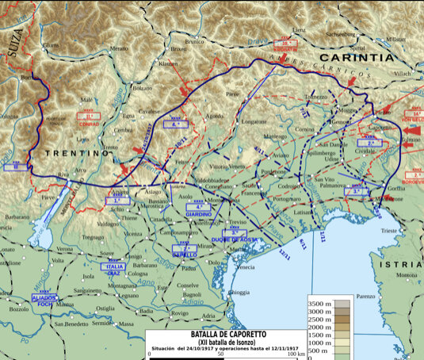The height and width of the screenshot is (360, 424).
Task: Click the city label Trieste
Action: point(390,229)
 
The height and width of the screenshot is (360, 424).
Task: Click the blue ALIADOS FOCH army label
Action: point(44,299)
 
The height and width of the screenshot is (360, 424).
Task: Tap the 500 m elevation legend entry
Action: point(318,350)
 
